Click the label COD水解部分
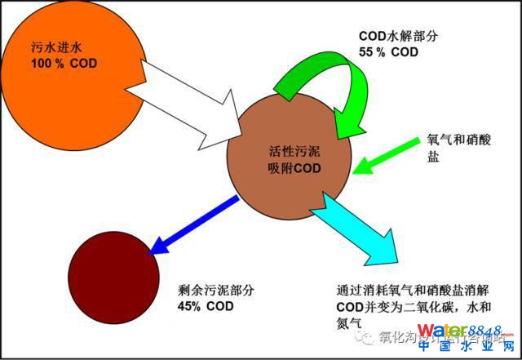pos(398,38)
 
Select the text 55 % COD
pos(389,51)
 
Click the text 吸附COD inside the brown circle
pos(294,168)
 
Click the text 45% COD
pos(205,306)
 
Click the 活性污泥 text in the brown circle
pos(294,153)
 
